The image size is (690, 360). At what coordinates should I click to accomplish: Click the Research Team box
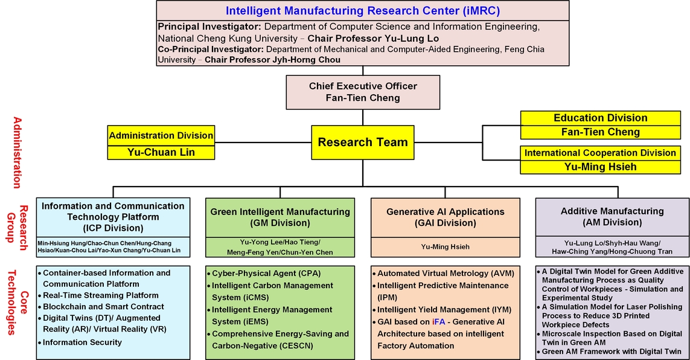pyautogui.click(x=363, y=142)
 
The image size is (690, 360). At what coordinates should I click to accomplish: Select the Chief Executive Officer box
pyautogui.click(x=363, y=92)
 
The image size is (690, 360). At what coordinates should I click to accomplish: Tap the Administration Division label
pyautogui.click(x=161, y=135)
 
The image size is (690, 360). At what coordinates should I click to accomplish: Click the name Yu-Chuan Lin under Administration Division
pyautogui.click(x=161, y=152)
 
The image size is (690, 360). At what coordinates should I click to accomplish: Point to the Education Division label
pyautogui.click(x=600, y=118)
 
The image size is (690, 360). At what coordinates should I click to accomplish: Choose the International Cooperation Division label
pyautogui.click(x=600, y=153)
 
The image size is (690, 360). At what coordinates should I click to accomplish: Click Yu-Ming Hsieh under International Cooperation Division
pyautogui.click(x=600, y=167)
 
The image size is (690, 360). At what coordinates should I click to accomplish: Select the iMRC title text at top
pyautogui.click(x=363, y=10)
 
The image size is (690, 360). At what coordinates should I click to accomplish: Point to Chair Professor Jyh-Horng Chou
pyautogui.click(x=272, y=59)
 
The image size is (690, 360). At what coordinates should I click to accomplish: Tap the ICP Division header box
pyautogui.click(x=113, y=217)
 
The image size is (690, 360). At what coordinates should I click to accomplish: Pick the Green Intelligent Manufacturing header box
pyautogui.click(x=280, y=217)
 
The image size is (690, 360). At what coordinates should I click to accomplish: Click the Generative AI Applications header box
pyautogui.click(x=446, y=217)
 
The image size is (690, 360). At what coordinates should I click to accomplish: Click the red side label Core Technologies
pyautogui.click(x=18, y=303)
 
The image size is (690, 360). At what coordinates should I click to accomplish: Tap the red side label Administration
pyautogui.click(x=17, y=153)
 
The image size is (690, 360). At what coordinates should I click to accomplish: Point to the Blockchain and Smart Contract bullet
pyautogui.click(x=101, y=307)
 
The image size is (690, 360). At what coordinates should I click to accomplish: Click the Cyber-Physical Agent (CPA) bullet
pyautogui.click(x=264, y=273)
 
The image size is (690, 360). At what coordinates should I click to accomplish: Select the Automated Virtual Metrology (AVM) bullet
pyautogui.click(x=443, y=273)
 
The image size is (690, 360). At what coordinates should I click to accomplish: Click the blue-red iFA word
pyautogui.click(x=439, y=322)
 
